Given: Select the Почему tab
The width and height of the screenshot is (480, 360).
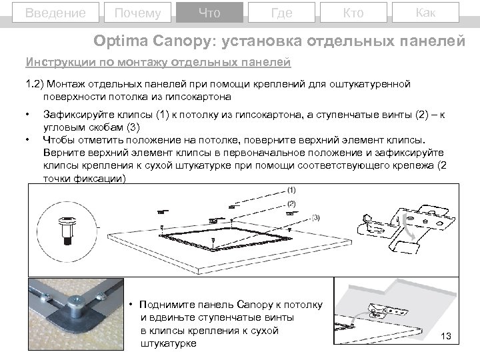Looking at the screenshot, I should [137, 13].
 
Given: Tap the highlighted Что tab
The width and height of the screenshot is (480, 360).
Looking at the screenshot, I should [209, 13].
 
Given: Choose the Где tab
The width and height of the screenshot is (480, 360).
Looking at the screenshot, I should [281, 13].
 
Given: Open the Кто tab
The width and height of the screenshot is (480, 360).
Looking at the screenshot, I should [353, 13].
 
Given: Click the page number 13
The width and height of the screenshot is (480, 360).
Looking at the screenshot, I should [446, 336].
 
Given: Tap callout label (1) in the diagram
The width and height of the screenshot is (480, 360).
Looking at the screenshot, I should [291, 190].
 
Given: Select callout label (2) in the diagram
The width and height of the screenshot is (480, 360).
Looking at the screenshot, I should [291, 203].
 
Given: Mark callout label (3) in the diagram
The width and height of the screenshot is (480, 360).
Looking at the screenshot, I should [315, 217].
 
